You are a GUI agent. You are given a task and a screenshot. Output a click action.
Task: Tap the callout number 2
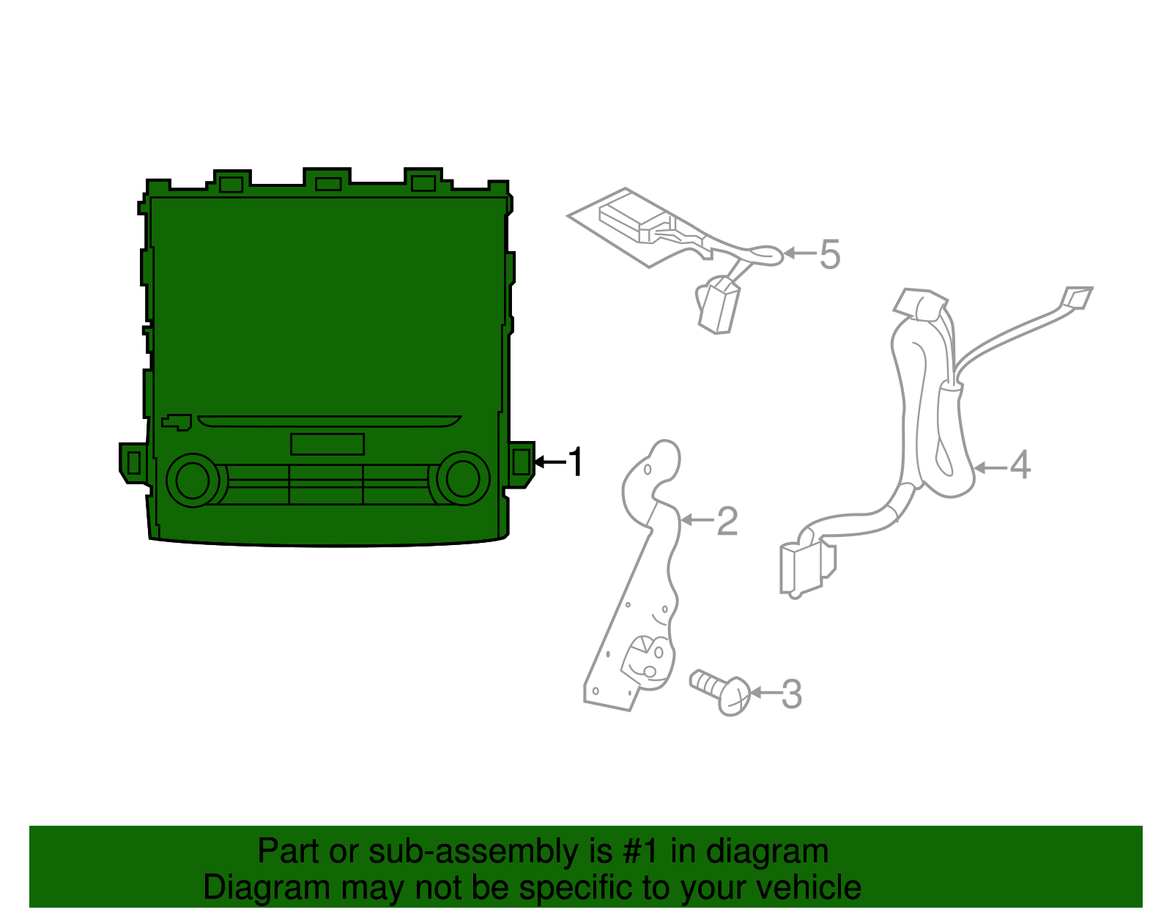coord(727,521)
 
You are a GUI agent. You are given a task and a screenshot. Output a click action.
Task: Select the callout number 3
coord(791,694)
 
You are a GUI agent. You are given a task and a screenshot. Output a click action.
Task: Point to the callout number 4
coord(1020,466)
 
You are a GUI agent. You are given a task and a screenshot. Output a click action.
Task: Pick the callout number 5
coord(829,255)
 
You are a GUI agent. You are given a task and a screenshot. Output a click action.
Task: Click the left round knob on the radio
coord(193,481)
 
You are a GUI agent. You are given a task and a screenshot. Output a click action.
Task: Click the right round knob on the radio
coord(463,479)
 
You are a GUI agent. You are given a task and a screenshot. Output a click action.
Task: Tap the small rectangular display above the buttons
coord(327,444)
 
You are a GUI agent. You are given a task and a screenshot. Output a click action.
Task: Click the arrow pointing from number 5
coord(800,254)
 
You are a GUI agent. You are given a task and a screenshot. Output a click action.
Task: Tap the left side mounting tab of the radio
coord(133,463)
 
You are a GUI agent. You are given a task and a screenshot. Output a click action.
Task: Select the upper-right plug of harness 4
coord(1078,297)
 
